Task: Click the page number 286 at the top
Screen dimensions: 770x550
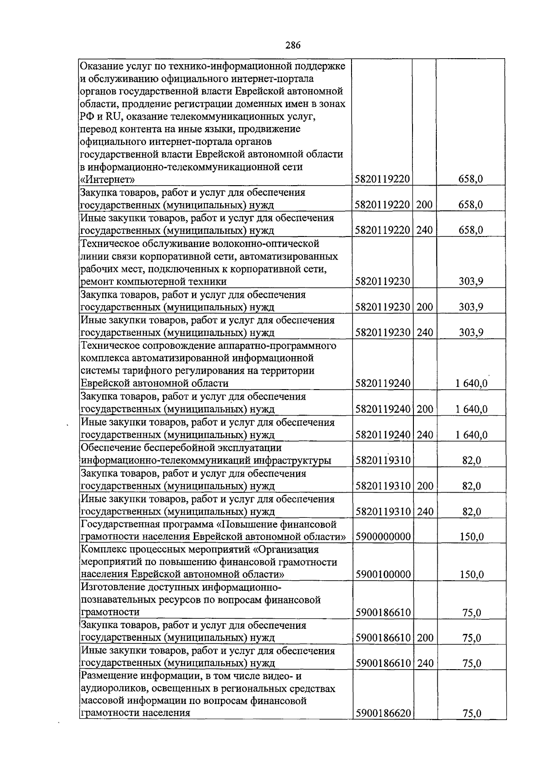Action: [x=293, y=45]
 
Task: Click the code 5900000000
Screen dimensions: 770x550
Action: [x=383, y=537]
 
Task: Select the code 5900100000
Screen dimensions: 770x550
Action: [x=383, y=575]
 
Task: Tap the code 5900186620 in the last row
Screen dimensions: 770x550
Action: [x=383, y=726]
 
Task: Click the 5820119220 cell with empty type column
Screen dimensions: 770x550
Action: [x=383, y=179]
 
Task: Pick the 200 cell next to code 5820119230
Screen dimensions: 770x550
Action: [x=424, y=307]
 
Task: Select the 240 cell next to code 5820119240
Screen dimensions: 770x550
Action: [x=424, y=434]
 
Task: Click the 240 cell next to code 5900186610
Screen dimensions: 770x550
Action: [x=424, y=663]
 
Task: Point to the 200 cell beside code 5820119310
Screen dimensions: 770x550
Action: [x=424, y=486]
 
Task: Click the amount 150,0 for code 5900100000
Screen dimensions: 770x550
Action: [x=472, y=575]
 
